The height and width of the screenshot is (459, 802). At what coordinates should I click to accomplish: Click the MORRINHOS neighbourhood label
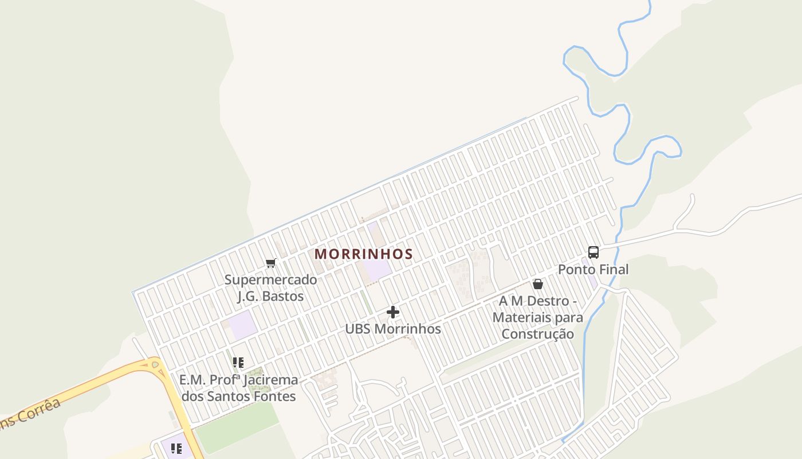[x=364, y=254]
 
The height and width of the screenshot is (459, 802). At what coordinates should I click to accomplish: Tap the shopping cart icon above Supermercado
[x=271, y=263]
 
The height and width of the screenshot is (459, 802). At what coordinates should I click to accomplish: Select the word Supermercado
[x=270, y=280]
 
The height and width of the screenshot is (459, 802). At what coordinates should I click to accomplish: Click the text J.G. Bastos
[x=270, y=296]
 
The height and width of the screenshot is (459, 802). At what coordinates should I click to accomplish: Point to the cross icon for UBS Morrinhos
[x=393, y=312]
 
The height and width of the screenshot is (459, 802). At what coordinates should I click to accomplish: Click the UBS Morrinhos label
[x=393, y=329]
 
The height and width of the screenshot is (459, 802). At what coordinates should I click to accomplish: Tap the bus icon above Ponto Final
[x=593, y=252]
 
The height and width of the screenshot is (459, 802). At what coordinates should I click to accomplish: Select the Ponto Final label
[x=593, y=269]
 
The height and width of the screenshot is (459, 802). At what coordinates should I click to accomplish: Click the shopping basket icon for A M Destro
[x=538, y=283]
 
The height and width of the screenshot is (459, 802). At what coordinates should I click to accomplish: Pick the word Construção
[x=538, y=333]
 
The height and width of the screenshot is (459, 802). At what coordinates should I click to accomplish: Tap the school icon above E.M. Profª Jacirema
[x=238, y=363]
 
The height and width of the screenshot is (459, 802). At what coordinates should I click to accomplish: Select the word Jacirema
[x=271, y=380]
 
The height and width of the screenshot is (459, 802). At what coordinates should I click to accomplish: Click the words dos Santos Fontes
[x=238, y=396]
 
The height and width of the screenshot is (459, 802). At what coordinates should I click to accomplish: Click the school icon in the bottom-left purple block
[x=176, y=448]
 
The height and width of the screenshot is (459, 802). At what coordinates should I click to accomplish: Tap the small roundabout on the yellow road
[x=155, y=364]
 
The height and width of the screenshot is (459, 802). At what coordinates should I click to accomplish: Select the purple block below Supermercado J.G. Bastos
[x=243, y=325]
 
